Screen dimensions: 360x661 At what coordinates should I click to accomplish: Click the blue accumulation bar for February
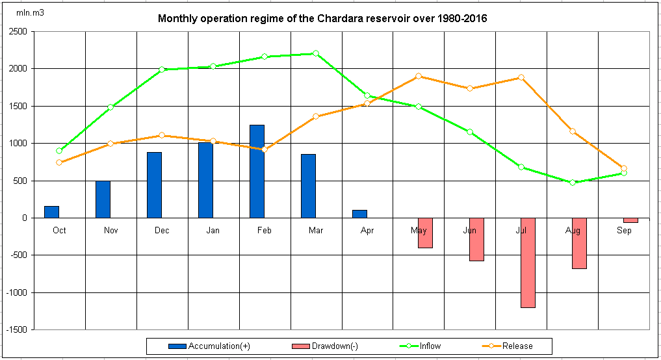point(257,172)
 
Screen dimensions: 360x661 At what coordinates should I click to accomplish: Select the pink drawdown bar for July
point(528,263)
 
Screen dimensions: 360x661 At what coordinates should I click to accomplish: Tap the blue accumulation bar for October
point(51,212)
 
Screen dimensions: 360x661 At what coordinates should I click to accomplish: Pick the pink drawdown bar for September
point(630,220)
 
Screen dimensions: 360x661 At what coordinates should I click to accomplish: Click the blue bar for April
point(359,214)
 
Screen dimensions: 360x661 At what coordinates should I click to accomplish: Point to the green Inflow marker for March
point(316,53)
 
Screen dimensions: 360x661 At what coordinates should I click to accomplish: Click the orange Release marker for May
point(419,76)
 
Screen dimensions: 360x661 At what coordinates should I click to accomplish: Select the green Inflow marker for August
point(573,183)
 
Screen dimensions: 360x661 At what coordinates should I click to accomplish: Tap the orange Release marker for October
point(59,162)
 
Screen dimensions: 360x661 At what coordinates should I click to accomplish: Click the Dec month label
point(162,230)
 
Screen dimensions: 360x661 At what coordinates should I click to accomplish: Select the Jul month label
point(521,230)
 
